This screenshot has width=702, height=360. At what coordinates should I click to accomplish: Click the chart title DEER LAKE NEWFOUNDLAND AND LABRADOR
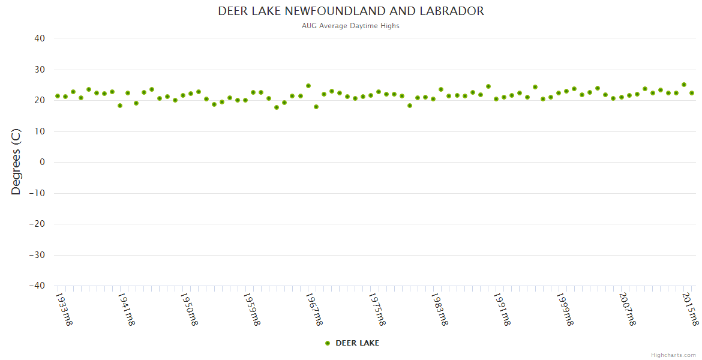coord(351,11)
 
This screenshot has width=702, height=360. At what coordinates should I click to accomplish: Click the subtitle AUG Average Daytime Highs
coord(351,26)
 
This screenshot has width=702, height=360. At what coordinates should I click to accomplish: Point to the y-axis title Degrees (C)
coord(16,161)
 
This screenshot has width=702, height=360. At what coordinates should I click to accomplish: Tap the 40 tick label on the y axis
coord(40,38)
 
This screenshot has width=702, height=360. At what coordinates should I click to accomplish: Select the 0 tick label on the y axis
coord(43,162)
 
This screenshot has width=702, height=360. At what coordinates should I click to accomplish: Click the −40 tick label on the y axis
coord(37,286)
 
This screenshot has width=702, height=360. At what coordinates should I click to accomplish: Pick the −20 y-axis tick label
coord(37,224)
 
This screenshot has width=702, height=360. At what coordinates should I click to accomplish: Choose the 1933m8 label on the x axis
coord(64,309)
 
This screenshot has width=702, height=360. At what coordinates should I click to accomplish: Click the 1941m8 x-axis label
coord(126,309)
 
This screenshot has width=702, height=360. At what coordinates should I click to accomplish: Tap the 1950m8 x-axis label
coord(189,309)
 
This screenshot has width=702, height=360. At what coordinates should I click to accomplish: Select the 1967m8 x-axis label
coord(314,309)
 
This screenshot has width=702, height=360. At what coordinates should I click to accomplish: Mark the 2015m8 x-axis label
coord(691,309)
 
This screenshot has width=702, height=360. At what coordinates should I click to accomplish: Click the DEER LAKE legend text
coord(357,343)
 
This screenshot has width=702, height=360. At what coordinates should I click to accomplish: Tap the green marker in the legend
coord(328,343)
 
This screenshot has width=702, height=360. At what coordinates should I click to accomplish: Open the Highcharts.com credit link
coord(673,355)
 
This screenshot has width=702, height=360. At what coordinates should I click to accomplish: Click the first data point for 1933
coord(58,96)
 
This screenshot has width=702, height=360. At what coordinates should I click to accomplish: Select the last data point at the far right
coord(692,93)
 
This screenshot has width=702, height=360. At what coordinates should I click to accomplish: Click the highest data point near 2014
coord(684,85)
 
